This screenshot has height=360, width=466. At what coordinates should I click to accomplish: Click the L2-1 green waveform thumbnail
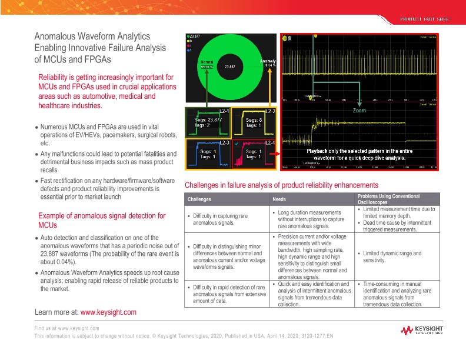207,121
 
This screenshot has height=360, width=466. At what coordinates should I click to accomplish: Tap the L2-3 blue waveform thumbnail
207,154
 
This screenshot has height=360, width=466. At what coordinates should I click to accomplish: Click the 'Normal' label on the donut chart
207,61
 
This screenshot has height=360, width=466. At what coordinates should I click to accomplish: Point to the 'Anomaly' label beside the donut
268,61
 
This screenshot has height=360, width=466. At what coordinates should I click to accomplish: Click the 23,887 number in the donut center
230,67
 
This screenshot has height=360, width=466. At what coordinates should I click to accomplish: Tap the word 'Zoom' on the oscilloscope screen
359,111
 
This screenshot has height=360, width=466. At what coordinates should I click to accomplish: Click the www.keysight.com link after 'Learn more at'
108,312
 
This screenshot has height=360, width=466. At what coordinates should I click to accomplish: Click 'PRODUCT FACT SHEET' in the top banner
424,19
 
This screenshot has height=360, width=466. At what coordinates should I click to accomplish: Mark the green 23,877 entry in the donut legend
195,37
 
